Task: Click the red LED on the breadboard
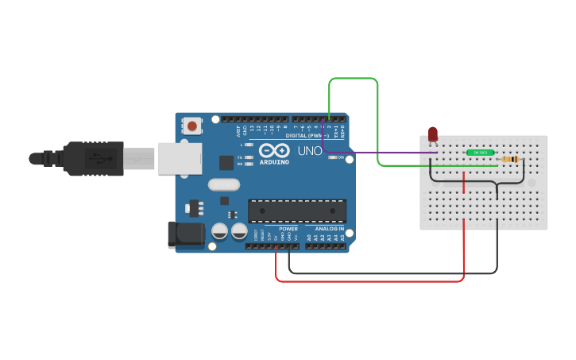click(x=433, y=134)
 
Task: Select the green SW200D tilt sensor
click(x=481, y=152)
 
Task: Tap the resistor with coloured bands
click(x=509, y=159)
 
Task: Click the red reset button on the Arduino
click(x=193, y=125)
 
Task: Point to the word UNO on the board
click(x=310, y=151)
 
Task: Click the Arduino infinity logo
click(x=273, y=150)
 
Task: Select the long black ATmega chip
click(x=297, y=211)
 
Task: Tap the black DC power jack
click(x=184, y=234)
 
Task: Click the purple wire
click(x=381, y=153)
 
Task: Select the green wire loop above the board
click(x=353, y=79)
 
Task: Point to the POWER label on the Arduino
click(x=288, y=229)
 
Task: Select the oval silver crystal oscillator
click(x=224, y=185)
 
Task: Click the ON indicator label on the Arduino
click(x=341, y=157)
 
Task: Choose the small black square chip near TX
click(x=226, y=162)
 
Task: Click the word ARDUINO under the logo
click(x=273, y=162)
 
